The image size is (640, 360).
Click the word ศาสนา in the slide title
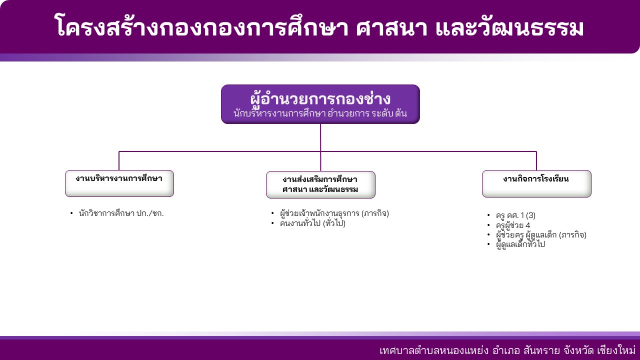click(391, 28)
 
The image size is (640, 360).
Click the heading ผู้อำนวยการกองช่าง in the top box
click(320, 99)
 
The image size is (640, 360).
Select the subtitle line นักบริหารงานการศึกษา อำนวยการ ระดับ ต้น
click(320, 113)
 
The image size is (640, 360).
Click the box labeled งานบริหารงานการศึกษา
click(119, 183)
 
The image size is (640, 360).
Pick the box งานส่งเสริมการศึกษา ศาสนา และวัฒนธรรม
click(320, 184)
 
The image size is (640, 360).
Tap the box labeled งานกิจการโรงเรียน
click(536, 183)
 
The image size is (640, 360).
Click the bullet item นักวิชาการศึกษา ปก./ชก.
click(121, 213)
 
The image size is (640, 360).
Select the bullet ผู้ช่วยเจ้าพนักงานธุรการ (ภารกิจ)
click(334, 213)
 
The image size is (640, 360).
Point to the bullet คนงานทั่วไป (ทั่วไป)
click(312, 223)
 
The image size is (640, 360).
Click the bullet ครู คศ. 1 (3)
click(515, 215)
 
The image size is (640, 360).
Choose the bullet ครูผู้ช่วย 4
click(513, 225)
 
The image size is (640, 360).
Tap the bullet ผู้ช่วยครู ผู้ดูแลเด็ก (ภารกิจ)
click(541, 235)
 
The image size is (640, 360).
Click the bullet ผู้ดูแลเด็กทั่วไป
click(520, 244)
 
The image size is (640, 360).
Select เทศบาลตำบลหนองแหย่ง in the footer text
click(434, 350)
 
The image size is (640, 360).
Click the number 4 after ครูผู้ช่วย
click(527, 225)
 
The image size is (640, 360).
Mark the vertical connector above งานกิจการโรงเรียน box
click(536, 161)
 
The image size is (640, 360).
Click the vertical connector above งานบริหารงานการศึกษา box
click(119, 161)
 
